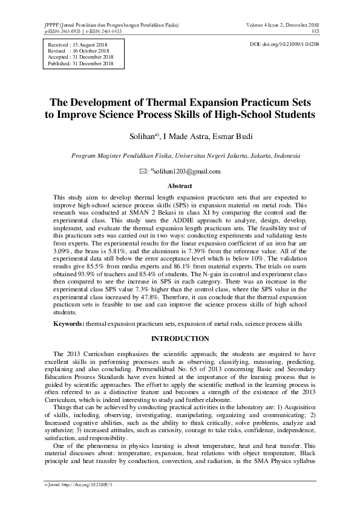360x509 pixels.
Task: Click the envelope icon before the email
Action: tap(143, 172)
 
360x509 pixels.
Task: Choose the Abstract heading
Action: tap(180, 186)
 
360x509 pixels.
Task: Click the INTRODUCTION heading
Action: tap(180, 338)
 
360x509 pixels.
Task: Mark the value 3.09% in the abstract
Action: tap(62, 248)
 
